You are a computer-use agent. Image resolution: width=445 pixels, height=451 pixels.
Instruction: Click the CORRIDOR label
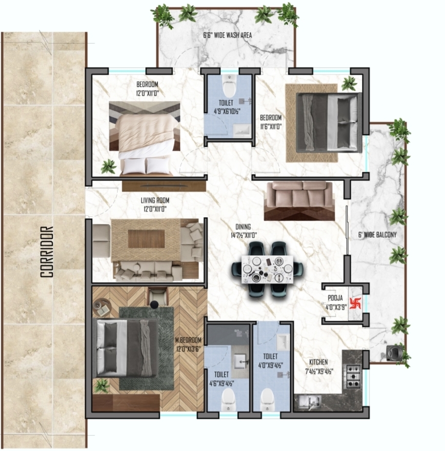point(46,251)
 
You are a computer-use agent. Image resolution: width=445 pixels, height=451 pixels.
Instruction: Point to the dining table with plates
point(267,269)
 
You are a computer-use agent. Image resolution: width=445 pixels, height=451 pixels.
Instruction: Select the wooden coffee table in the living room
point(146,239)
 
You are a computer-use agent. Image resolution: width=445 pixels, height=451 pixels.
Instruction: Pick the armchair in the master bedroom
point(157,297)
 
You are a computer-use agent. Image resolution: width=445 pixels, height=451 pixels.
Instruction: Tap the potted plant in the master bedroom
point(102,386)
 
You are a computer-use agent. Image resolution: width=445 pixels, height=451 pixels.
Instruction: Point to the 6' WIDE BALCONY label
point(377,235)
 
